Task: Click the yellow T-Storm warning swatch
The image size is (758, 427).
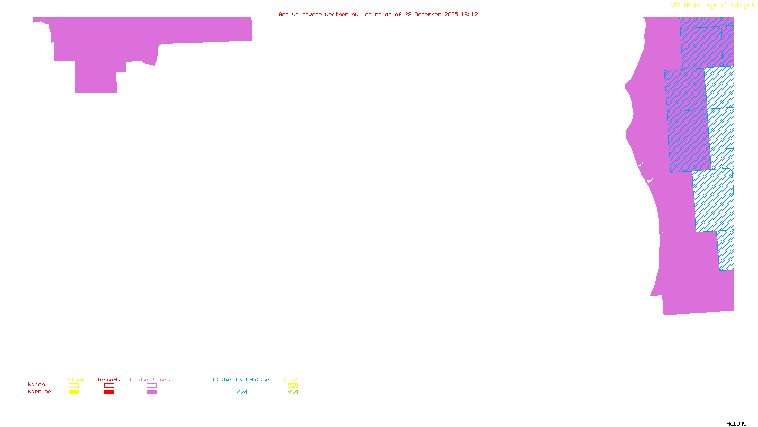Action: [73, 392]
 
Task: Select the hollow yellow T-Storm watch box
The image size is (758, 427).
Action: [73, 386]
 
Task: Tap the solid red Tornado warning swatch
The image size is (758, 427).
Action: [109, 392]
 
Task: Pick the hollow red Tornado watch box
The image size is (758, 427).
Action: [109, 386]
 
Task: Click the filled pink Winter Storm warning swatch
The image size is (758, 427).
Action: [152, 392]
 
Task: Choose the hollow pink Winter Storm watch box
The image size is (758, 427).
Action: [152, 386]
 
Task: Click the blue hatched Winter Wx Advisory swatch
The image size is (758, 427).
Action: [242, 392]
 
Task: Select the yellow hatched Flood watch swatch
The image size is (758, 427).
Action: [292, 386]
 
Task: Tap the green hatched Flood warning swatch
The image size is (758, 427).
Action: [292, 392]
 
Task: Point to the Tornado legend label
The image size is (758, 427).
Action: [108, 380]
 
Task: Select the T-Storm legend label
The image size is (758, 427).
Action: [73, 380]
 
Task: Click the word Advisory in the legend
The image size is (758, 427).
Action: [259, 380]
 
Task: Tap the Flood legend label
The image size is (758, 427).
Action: [292, 380]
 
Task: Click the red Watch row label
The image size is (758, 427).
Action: [36, 385]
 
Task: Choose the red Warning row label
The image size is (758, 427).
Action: [39, 392]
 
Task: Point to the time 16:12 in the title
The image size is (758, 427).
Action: [469, 14]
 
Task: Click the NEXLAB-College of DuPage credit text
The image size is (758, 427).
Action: [710, 6]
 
